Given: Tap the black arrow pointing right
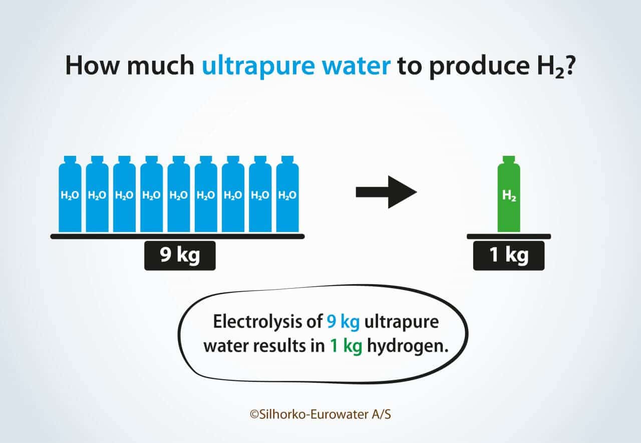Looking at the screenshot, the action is [386, 192].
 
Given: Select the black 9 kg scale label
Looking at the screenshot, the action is [180, 256].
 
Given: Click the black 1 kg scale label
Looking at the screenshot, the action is [509, 256].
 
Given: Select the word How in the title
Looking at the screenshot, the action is [92, 65].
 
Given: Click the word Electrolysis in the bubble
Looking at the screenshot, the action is [268, 322].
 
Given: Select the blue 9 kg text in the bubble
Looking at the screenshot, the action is [343, 322].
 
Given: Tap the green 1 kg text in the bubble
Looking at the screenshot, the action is [346, 346].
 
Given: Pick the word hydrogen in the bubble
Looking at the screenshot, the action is [408, 346].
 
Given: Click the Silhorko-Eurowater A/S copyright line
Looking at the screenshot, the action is [320, 414].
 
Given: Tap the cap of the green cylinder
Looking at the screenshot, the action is [509, 159].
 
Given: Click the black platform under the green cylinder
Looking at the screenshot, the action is [509, 237].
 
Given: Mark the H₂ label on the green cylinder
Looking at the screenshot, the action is [509, 195].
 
